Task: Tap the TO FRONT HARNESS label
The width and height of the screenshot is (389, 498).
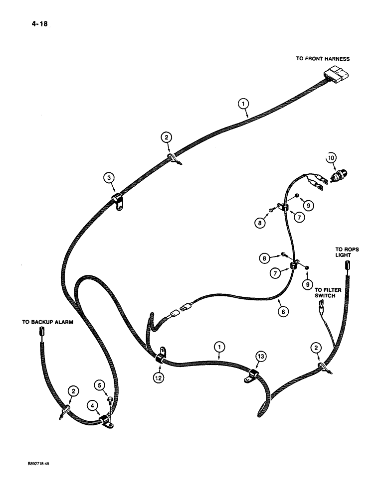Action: [x=323, y=59]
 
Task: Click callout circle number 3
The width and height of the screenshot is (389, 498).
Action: [x=107, y=176]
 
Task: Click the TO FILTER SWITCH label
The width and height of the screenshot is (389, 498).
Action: [x=325, y=292]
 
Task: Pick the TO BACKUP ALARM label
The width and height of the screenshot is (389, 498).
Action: [x=47, y=322]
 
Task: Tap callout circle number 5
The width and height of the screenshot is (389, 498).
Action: [x=100, y=384]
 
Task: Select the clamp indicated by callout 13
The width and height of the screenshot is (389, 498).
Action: [x=253, y=375]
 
